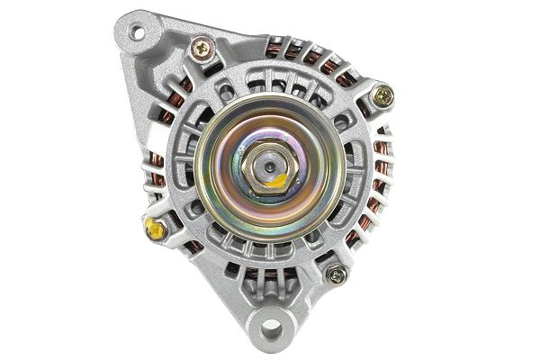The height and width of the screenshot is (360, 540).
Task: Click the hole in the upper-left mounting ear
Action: click(137, 33)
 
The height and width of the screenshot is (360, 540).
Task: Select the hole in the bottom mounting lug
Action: click(271, 327)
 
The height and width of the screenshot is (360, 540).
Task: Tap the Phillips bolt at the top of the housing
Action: click(202, 47)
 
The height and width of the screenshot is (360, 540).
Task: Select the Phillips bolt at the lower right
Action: click(337, 274)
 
